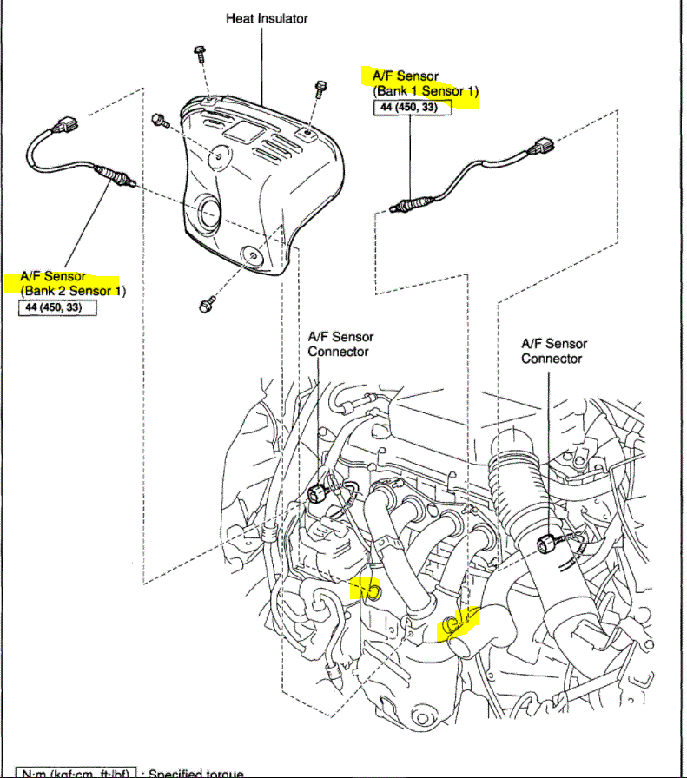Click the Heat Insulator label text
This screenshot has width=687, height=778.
click(267, 18)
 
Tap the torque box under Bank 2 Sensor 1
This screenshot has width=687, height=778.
click(57, 307)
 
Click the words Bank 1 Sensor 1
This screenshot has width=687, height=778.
click(426, 91)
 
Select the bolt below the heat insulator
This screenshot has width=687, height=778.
click(206, 305)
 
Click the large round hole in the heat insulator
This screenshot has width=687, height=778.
click(209, 213)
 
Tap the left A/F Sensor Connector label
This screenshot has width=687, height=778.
click(340, 344)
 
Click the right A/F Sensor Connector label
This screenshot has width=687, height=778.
click(553, 351)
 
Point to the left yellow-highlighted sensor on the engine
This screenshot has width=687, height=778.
click(367, 593)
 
